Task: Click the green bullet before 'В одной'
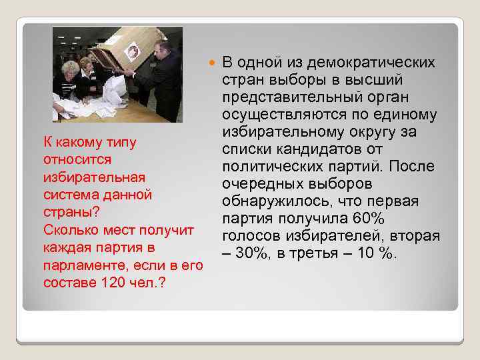pyautogui.click(x=213, y=63)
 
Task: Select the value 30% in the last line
pyautogui.click(x=248, y=254)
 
